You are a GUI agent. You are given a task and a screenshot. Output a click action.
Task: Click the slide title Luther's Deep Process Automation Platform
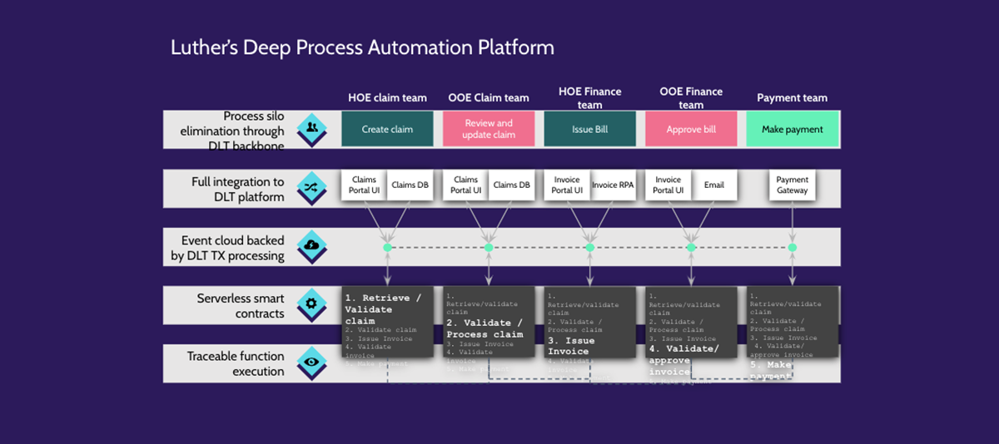coord(362,47)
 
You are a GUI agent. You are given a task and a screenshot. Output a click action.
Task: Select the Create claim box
coord(387,130)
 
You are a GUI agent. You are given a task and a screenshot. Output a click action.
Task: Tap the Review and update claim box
coord(489,130)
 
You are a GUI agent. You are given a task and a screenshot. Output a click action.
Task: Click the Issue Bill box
coord(589,130)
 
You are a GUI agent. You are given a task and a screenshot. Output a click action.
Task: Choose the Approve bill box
coord(691,130)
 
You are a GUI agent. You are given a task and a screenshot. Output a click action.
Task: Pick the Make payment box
coord(792,130)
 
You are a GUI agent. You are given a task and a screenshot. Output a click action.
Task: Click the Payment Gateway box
coord(792,185)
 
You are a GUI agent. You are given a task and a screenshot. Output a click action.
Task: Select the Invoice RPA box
coord(613,185)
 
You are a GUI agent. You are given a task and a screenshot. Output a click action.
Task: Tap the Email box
coord(714,185)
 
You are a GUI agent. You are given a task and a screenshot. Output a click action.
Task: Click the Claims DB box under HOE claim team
coord(410,185)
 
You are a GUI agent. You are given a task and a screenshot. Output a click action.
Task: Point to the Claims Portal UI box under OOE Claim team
coord(465,185)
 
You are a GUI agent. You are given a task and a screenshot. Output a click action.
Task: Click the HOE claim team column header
coord(387,98)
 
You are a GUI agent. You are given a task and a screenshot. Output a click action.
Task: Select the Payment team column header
coord(792,98)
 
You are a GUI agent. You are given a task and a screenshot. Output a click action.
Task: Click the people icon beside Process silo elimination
coord(311,128)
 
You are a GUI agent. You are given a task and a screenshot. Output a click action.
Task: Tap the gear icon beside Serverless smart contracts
coord(311,303)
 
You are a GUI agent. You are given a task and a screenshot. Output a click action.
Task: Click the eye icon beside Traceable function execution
coord(311,363)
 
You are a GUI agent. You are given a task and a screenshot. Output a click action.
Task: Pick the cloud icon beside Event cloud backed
coord(311,245)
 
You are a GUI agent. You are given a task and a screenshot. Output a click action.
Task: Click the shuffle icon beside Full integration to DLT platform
coord(311,187)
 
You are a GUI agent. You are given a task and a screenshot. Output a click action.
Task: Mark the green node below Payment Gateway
coord(792,248)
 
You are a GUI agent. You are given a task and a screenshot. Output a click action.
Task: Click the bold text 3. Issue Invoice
coord(572,346)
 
